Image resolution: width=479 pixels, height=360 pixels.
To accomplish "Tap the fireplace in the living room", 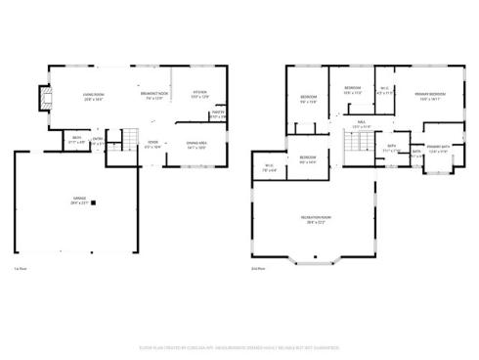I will [40, 99].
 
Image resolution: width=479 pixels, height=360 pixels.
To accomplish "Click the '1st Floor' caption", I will [20, 268].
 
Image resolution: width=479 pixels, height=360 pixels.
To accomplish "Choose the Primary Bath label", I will [438, 150].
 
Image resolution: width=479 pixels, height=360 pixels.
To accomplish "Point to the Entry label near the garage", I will [97, 141].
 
